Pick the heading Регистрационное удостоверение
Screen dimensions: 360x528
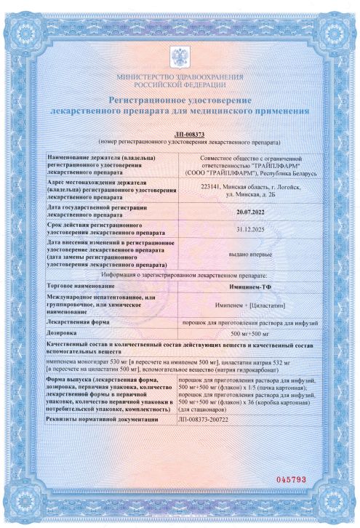[180, 99]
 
